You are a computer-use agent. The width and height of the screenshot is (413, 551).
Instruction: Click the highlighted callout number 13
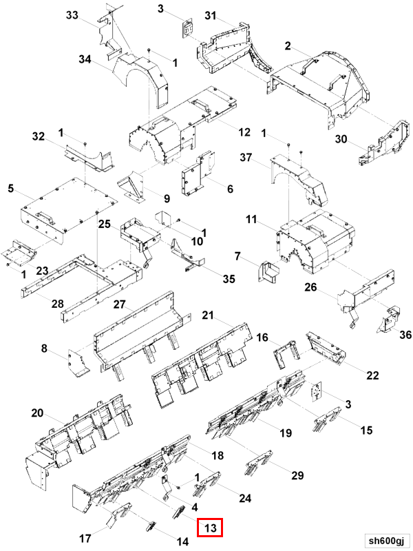click(211, 528)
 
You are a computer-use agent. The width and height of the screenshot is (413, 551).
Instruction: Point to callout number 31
click(211, 16)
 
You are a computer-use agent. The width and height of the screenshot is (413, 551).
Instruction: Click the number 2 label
click(288, 46)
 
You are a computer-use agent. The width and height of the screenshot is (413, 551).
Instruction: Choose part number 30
click(341, 140)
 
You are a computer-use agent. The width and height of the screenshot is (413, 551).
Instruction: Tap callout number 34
click(85, 60)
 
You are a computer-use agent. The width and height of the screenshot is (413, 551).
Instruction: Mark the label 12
click(244, 132)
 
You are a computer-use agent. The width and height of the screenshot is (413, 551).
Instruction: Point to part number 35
click(229, 279)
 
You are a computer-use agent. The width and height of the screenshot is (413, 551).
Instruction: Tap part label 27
click(119, 306)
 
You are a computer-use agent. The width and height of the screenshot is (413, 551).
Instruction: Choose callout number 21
click(209, 315)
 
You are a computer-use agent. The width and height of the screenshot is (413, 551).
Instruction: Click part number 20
click(38, 413)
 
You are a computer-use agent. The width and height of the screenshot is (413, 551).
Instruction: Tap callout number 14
click(182, 541)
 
